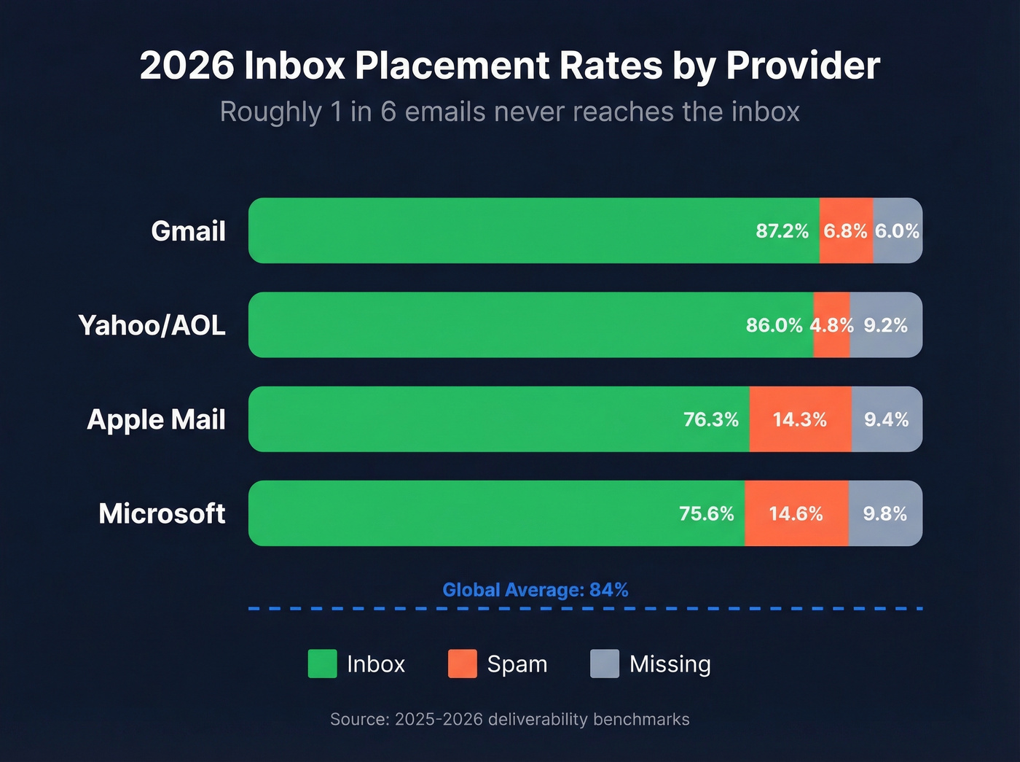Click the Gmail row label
point(188,231)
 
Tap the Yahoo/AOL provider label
point(152,325)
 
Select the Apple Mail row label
point(156,420)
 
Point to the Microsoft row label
point(162,513)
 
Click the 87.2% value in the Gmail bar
point(782,231)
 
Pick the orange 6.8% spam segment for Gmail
point(846,231)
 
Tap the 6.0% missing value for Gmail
point(897,231)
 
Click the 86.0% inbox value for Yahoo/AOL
point(774,325)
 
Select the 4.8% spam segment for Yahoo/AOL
point(831,325)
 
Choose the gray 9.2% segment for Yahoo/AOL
point(886,325)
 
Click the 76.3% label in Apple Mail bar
point(710,420)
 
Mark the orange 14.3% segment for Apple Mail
point(800,420)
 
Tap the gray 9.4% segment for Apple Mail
point(887,420)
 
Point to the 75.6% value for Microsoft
point(706,514)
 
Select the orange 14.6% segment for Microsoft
point(796,514)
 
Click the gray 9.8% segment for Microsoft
point(885,514)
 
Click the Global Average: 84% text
point(535,590)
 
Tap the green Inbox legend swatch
point(322,664)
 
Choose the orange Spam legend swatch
point(462,664)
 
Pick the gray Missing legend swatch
point(604,664)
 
